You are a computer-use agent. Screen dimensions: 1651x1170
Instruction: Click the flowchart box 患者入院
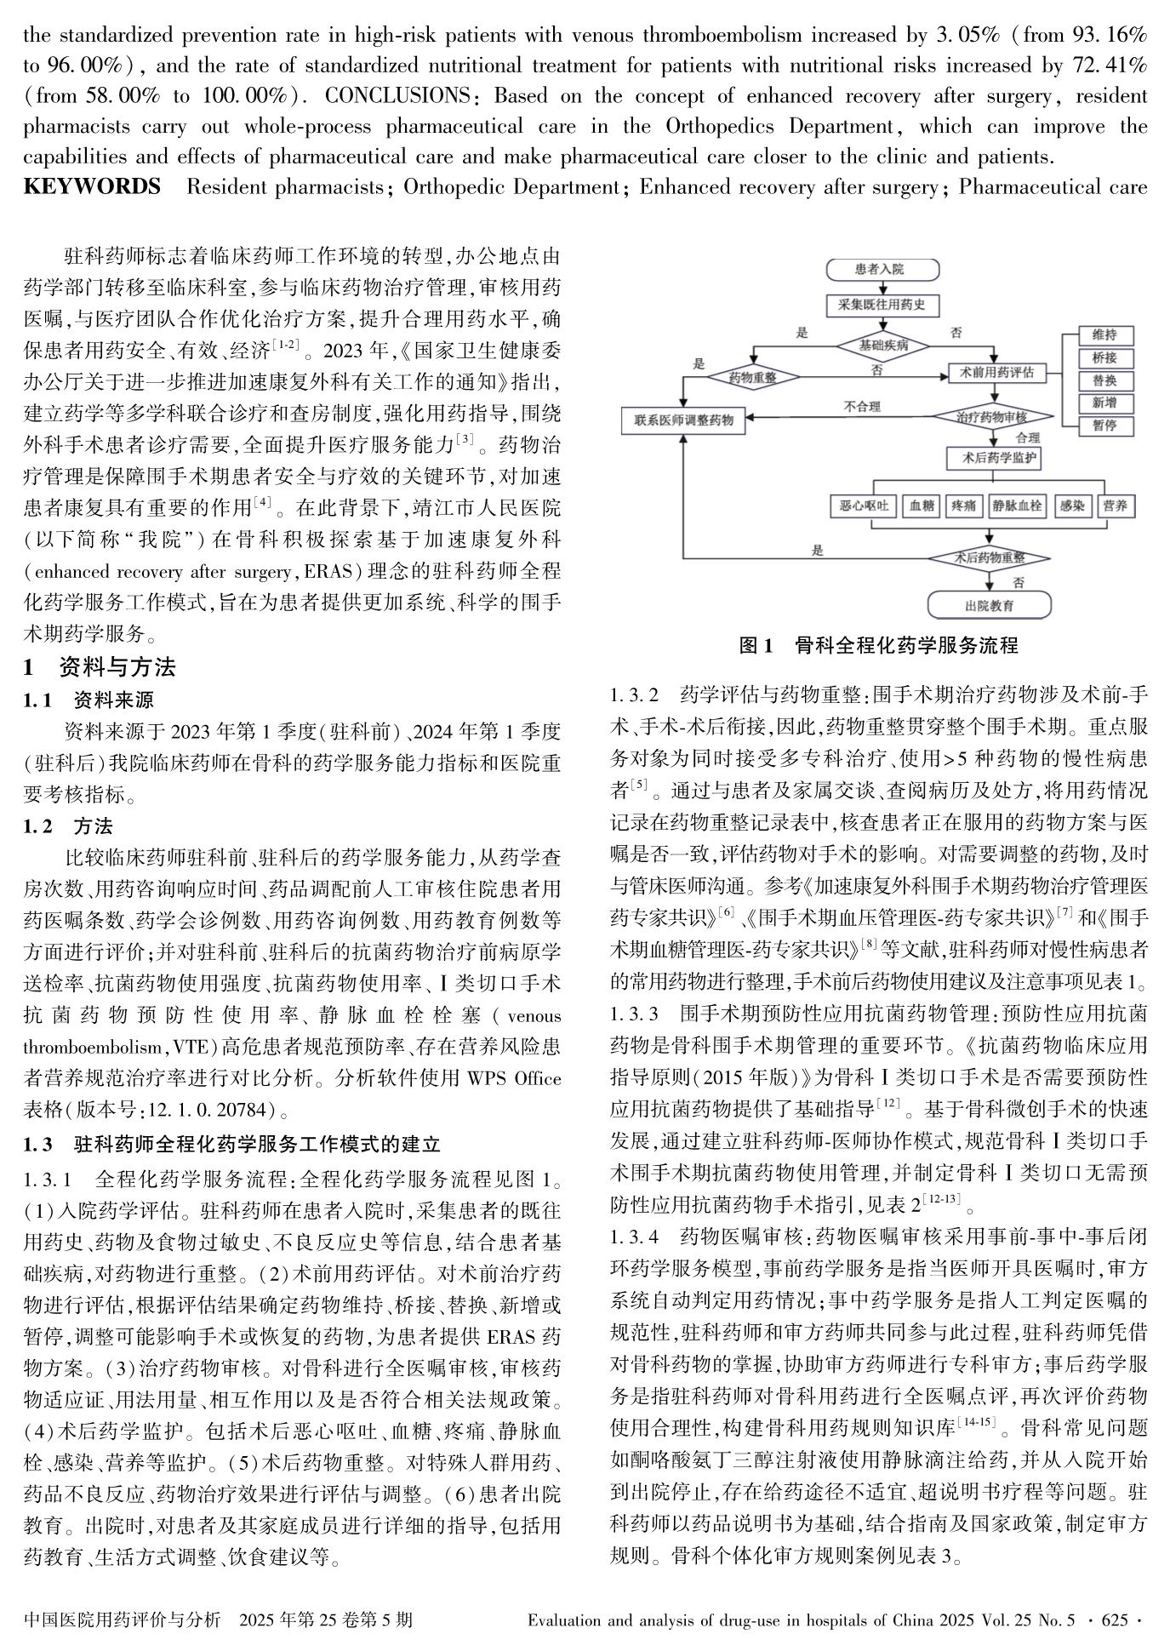[882, 270]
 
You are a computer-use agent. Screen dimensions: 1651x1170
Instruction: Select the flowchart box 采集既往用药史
[882, 304]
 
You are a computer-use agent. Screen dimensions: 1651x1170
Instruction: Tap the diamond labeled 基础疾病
[883, 346]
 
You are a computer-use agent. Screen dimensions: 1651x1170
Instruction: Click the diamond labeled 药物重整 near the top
[752, 376]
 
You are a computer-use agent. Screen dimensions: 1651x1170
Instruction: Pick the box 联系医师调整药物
[683, 419]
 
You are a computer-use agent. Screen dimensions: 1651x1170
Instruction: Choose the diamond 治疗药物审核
[991, 417]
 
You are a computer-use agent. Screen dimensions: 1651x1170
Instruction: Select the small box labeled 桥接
[1104, 357]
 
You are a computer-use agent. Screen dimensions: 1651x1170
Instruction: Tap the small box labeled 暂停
[1104, 426]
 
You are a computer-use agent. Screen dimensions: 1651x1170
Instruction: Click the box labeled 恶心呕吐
[863, 506]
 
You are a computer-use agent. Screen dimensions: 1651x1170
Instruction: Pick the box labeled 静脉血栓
[1017, 506]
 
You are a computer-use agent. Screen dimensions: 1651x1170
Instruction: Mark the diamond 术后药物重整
[989, 558]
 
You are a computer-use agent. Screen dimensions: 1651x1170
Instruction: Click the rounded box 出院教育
[989, 605]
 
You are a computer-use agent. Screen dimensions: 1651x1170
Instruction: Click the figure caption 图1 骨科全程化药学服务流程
[878, 645]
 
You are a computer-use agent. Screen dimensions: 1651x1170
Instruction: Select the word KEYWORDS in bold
[92, 187]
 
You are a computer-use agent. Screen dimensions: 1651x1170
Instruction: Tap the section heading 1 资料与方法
[100, 666]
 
